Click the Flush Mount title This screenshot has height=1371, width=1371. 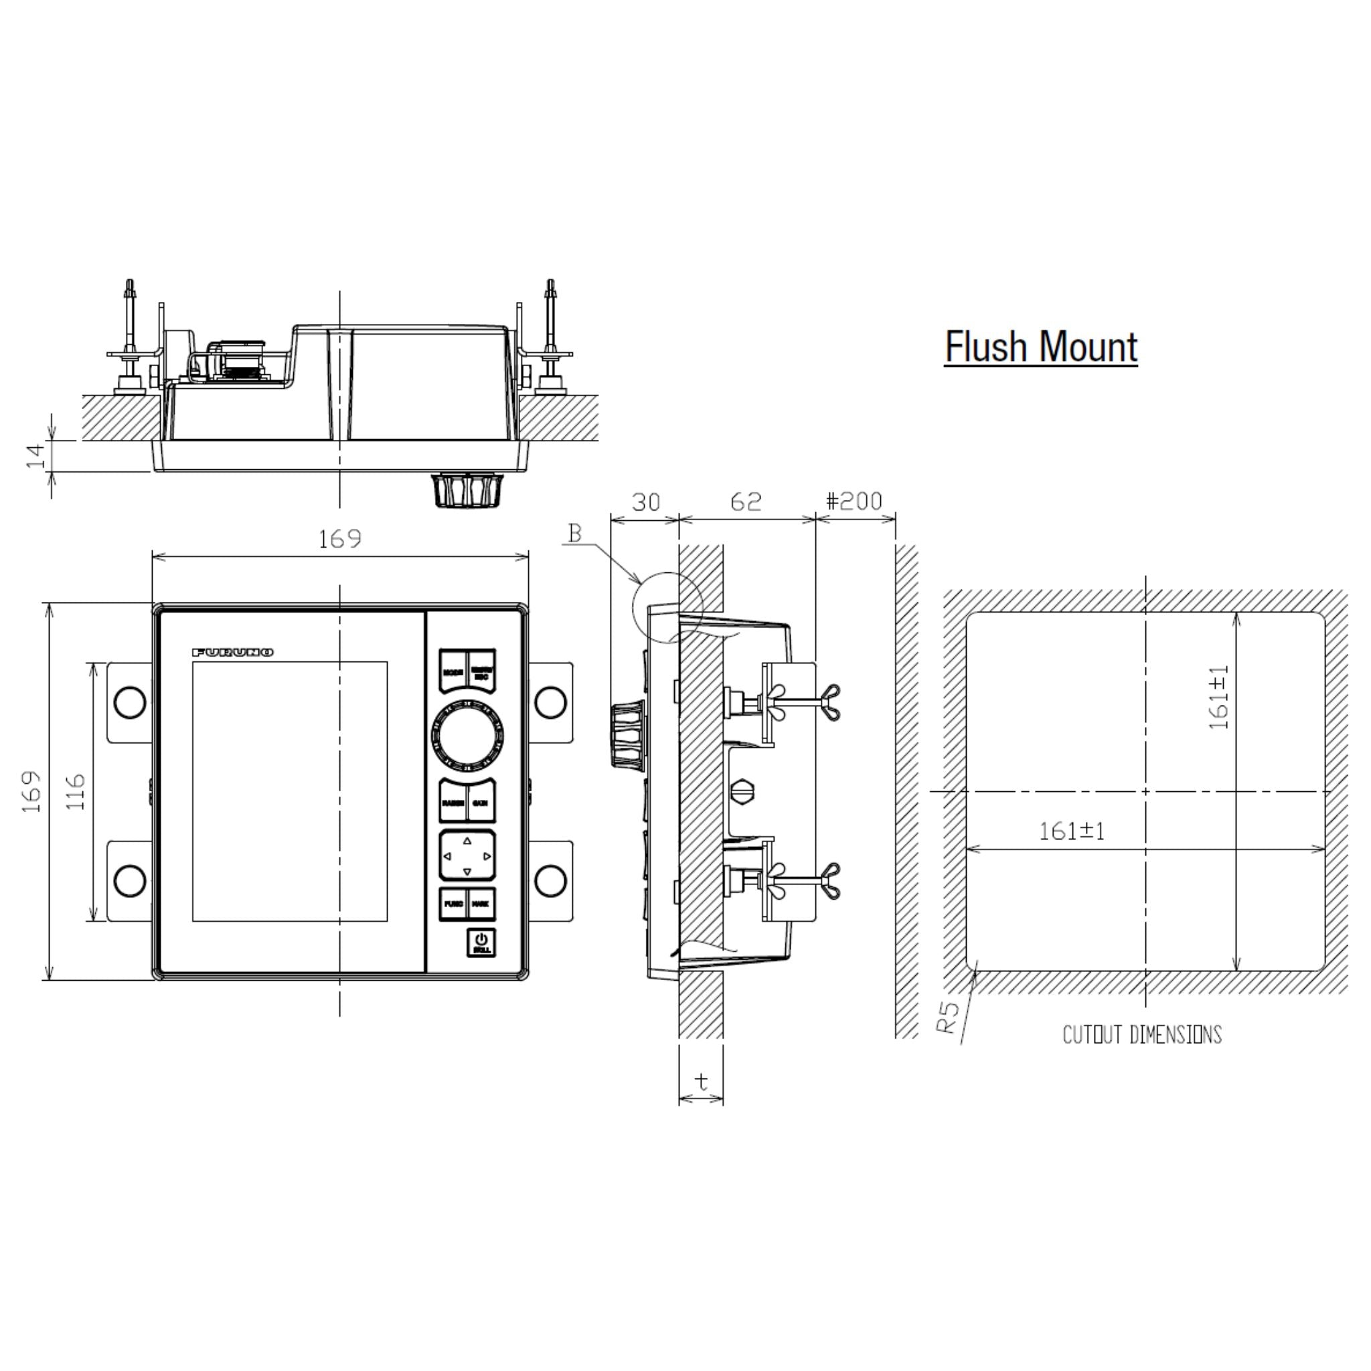pos(1040,347)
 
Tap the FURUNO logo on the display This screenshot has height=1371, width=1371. pos(233,652)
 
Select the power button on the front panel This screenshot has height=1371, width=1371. pos(481,943)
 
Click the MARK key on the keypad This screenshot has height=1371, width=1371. pos(481,904)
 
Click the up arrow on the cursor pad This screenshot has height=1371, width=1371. pos(467,841)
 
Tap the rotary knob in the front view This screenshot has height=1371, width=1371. pos(467,736)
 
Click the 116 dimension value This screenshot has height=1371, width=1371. pos(75,792)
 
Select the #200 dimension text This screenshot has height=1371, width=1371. pos(854,501)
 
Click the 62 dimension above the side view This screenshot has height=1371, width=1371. pos(746,501)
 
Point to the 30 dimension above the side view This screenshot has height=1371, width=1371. pos(646,501)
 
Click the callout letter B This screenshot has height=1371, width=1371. pos(576,533)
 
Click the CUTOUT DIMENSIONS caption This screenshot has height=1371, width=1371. pos(1142,1035)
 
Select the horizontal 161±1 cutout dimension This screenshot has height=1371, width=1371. pos(1072,831)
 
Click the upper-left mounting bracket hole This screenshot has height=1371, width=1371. pos(130,702)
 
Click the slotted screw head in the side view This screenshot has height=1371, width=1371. pos(742,791)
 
